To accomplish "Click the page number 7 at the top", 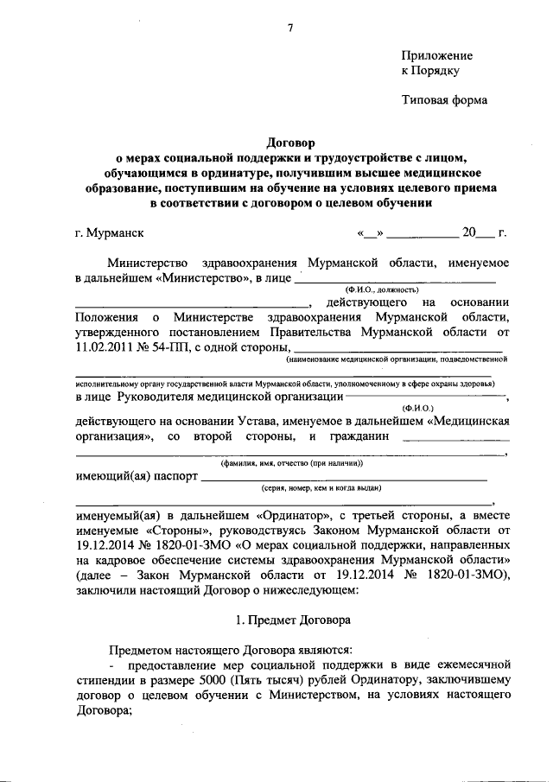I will pyautogui.click(x=290, y=28).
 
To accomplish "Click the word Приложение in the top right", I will pyautogui.click(x=437, y=54).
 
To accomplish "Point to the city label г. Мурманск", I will pyautogui.click(x=110, y=232).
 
